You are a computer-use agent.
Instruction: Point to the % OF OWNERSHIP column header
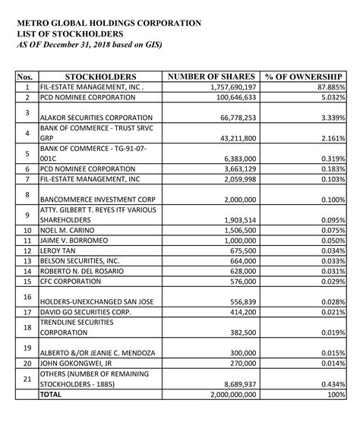305,77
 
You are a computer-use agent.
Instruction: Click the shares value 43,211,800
235,140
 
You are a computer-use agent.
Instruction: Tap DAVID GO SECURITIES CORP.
84,312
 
